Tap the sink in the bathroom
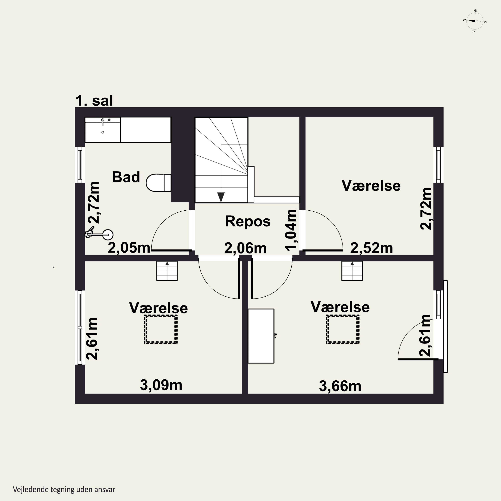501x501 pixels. click(x=103, y=130)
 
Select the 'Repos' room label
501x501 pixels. click(x=248, y=221)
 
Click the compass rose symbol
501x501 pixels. click(x=475, y=21)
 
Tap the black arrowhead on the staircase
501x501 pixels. click(x=221, y=197)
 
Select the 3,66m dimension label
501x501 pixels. click(x=340, y=386)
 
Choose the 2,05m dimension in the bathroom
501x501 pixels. click(x=129, y=248)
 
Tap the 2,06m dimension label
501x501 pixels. click(x=245, y=248)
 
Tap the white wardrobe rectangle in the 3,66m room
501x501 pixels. click(x=261, y=336)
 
